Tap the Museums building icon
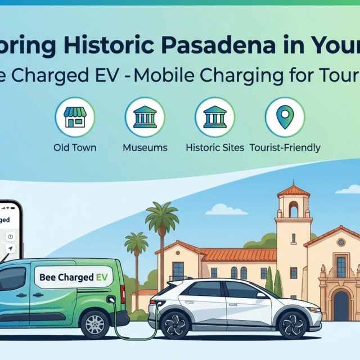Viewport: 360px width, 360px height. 144,117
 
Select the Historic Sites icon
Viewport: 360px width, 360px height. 214,117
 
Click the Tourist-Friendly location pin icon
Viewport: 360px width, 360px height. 284,117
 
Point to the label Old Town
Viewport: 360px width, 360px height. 75,148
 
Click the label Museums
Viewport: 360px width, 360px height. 145,148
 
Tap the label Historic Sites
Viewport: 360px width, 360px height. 215,148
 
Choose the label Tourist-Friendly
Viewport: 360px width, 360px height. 285,148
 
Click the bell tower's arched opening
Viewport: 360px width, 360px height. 293,209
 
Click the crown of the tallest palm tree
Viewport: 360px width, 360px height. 161,215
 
